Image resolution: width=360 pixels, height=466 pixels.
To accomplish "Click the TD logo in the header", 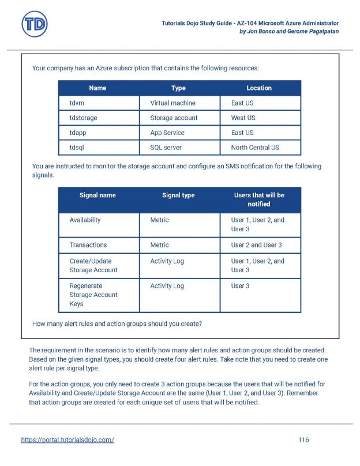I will pyautogui.click(x=34, y=25).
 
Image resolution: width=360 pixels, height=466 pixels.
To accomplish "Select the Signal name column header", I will pyautogui.click(x=97, y=196).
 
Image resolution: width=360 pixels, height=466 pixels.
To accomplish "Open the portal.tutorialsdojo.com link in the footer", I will pyautogui.click(x=67, y=440).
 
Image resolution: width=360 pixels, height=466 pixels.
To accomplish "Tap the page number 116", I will pyautogui.click(x=303, y=440).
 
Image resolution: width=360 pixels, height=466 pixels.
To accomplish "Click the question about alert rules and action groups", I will pyautogui.click(x=117, y=324).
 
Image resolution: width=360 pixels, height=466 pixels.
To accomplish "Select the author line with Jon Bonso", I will pyautogui.click(x=288, y=31).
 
